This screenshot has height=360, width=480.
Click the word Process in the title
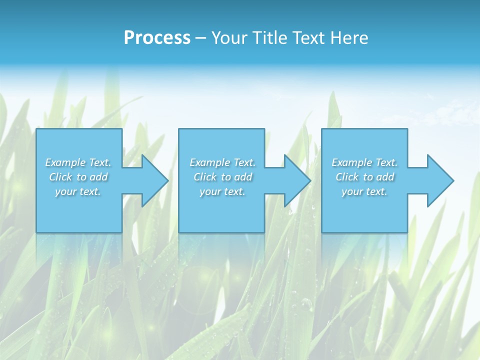(x=157, y=38)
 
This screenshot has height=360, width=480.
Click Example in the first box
(x=65, y=162)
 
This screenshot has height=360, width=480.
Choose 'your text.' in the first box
(x=78, y=191)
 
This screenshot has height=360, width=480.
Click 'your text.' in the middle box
(x=222, y=191)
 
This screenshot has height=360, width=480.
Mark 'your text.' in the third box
(x=364, y=191)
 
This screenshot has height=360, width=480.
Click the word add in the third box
(x=385, y=177)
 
